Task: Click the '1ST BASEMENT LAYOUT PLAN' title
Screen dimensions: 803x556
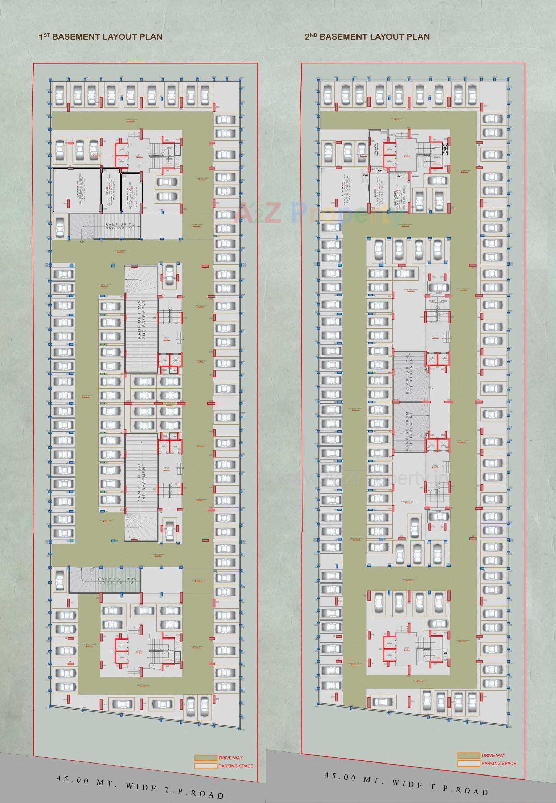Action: point(101,37)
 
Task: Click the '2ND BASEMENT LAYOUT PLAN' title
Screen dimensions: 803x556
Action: point(367,37)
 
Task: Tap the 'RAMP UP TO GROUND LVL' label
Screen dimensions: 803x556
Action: point(120,226)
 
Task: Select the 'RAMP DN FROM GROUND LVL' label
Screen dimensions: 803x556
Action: point(117,581)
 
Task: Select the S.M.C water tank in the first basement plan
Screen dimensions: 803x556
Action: point(76,190)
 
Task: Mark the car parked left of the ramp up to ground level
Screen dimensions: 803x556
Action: point(60,227)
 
